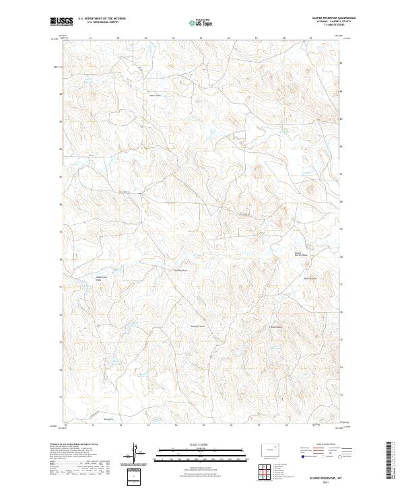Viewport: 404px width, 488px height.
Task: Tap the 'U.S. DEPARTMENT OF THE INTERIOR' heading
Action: [x=102, y=18]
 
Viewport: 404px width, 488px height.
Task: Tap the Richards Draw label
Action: [x=197, y=328]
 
